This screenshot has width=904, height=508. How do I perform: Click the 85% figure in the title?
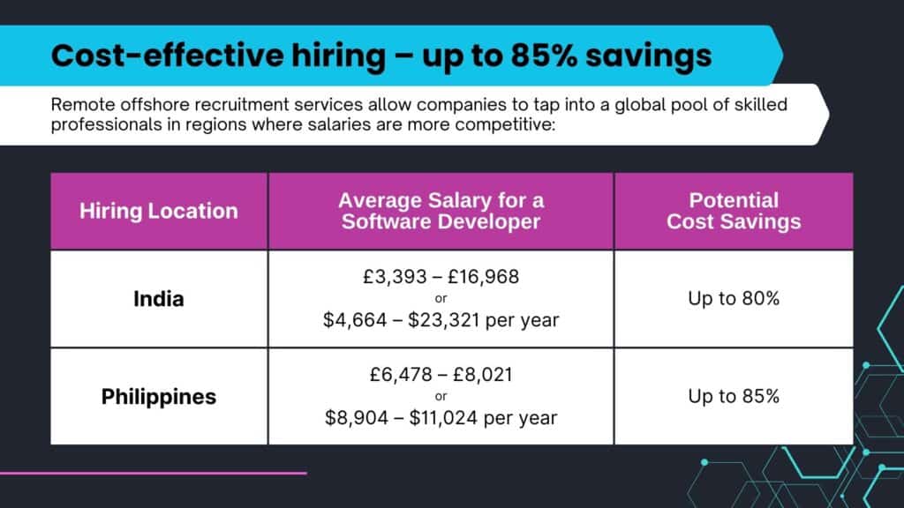tap(556, 56)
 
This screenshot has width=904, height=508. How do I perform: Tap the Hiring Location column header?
tap(159, 211)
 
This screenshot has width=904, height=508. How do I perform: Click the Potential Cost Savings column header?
tap(734, 211)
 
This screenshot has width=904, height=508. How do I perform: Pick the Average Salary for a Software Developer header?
tap(441, 211)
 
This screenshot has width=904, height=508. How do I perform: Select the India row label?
tap(159, 299)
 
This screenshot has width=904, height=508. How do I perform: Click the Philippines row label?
tap(159, 396)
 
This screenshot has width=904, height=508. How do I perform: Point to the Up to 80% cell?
tap(734, 299)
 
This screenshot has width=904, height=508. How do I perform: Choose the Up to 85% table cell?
tap(734, 396)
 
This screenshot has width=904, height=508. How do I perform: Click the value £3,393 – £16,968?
tap(441, 277)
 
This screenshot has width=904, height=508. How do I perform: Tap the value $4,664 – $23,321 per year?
tap(441, 320)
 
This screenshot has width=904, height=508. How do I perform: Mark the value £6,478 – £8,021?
tap(441, 375)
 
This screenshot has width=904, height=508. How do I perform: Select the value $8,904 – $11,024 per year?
tap(441, 417)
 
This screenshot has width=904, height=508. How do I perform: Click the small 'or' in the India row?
tap(441, 299)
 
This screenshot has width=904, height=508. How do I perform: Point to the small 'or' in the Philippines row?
tap(441, 396)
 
